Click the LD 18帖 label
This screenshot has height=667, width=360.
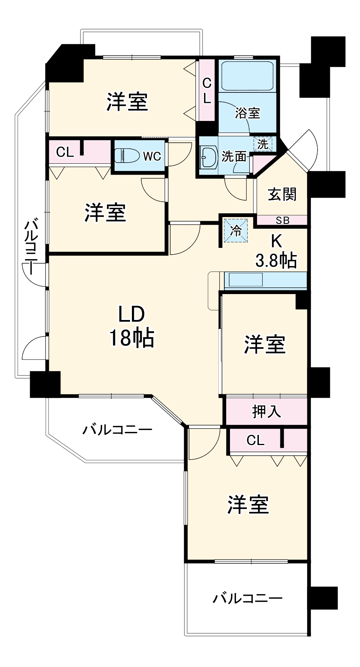[132, 326]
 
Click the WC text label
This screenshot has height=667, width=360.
[152, 156]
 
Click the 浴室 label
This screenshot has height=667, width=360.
[247, 113]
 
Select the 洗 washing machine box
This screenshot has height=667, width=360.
[263, 143]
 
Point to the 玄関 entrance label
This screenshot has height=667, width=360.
[282, 194]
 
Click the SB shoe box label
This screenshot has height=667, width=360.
[282, 220]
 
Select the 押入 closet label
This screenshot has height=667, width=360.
[266, 411]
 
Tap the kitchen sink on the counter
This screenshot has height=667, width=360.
[246, 280]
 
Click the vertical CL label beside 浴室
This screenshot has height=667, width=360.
[207, 91]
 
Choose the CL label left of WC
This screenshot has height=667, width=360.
[65, 152]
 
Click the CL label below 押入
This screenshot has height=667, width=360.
[256, 440]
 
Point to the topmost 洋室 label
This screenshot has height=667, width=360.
[127, 101]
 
